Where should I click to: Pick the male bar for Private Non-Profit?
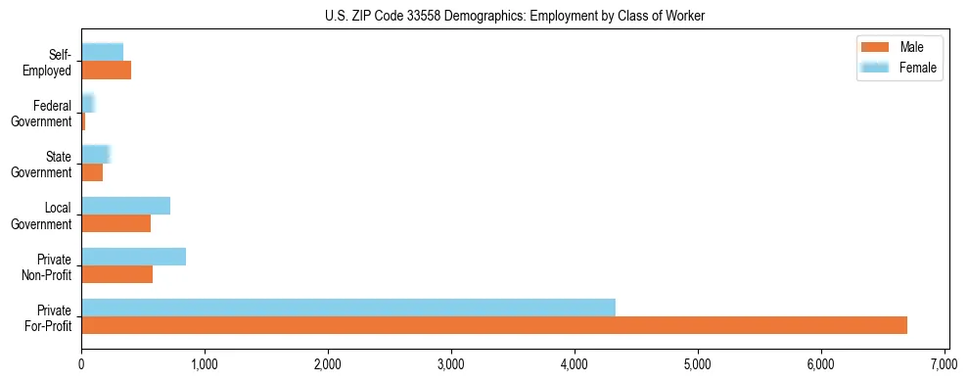click(116, 274)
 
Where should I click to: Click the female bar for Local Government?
click(125, 206)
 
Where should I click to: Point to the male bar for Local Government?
click(115, 223)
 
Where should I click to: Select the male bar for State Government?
click(92, 172)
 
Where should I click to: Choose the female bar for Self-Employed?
click(102, 52)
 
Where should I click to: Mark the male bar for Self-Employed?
click(106, 71)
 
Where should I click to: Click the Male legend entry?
click(899, 47)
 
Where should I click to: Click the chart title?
click(515, 16)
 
